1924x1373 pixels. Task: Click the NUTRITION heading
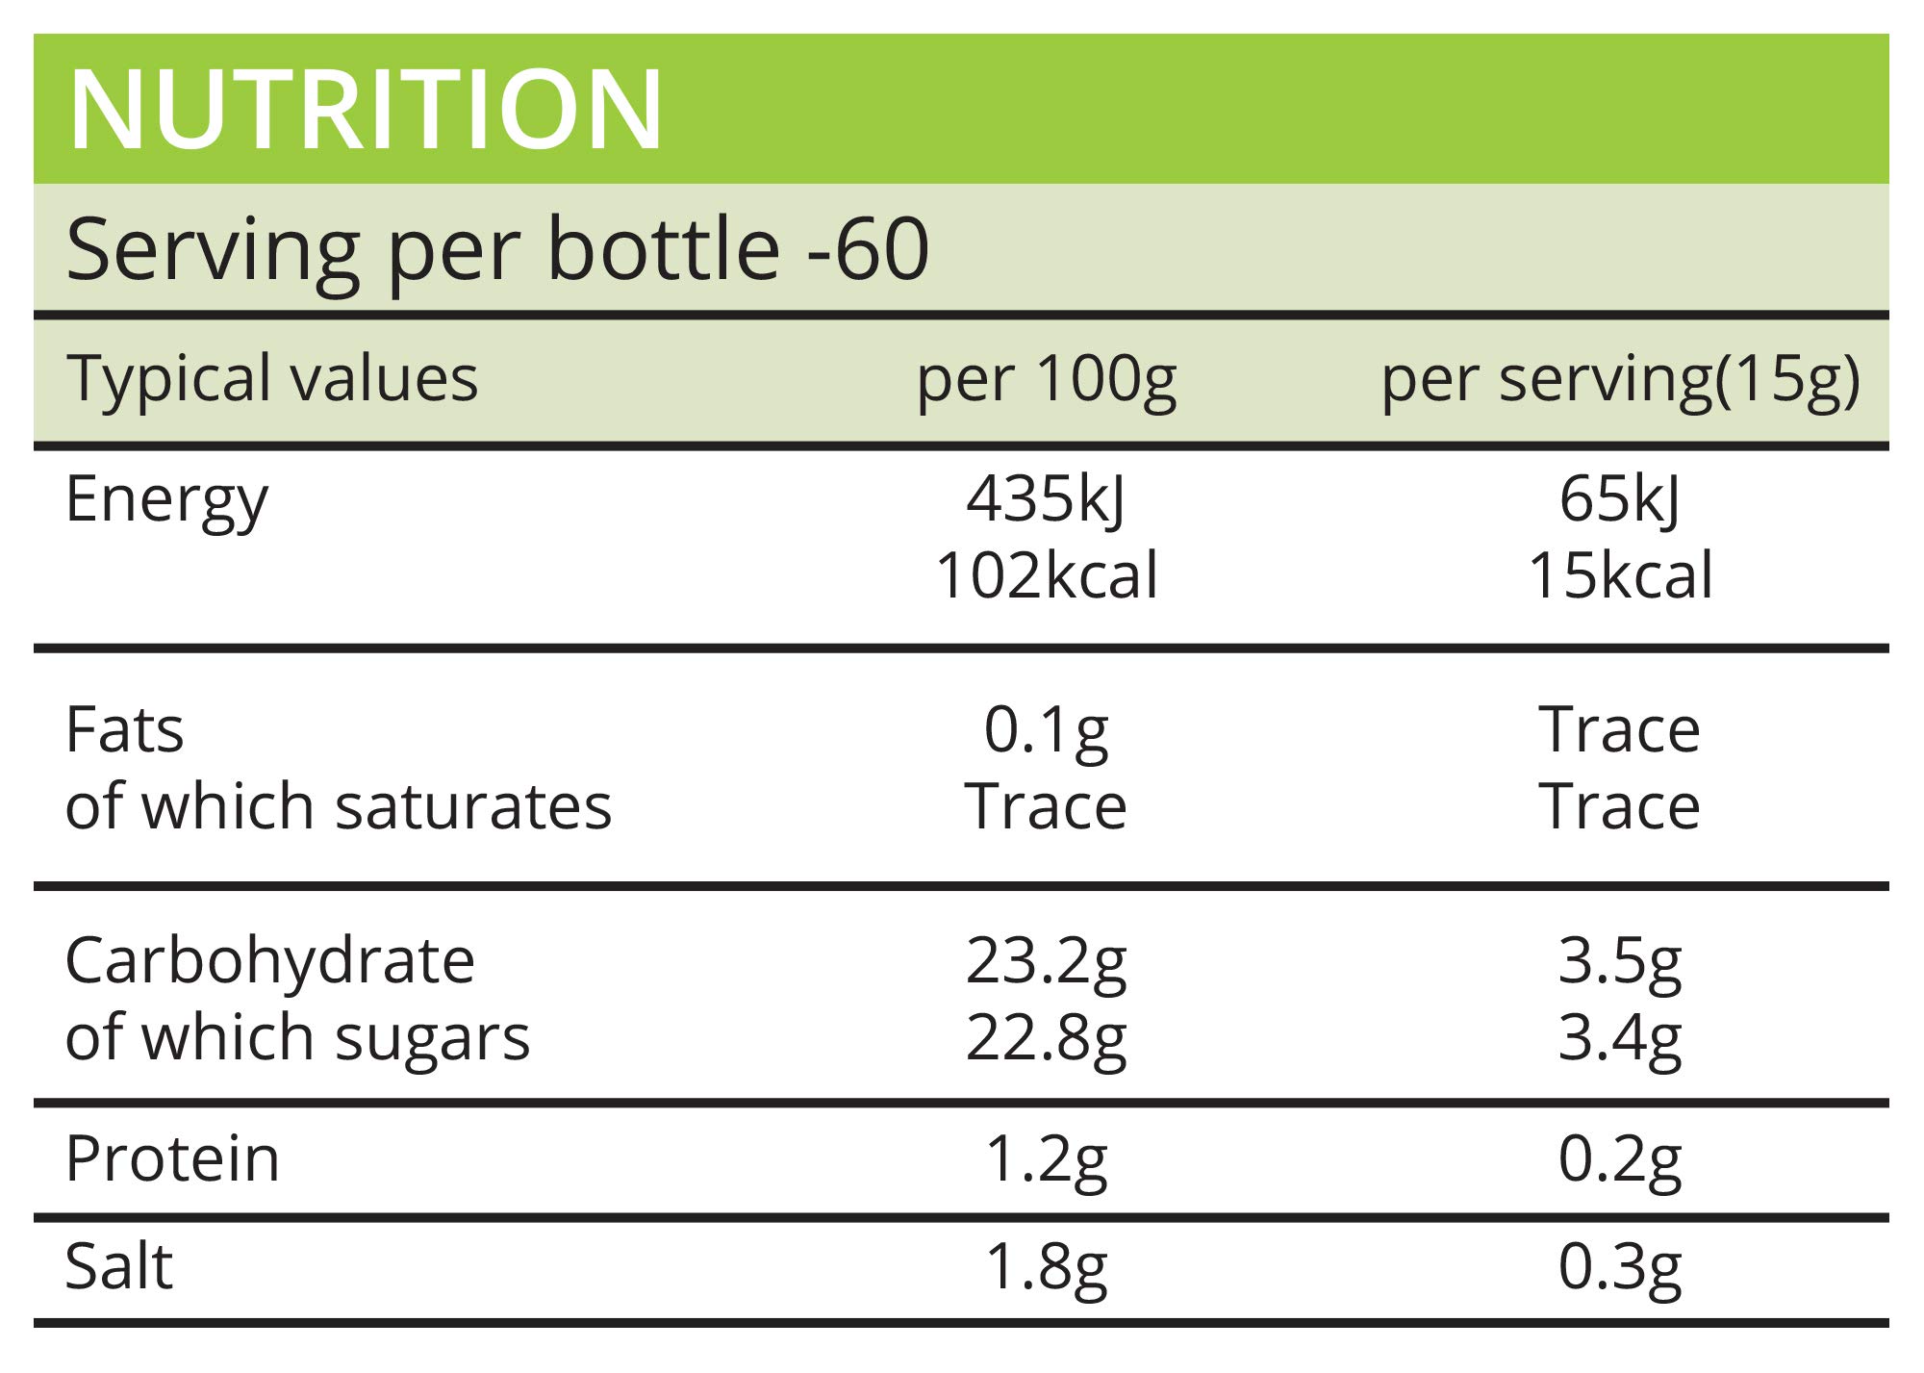point(366,110)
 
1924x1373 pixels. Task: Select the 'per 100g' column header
point(1046,379)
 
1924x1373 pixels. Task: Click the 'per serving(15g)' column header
point(1620,379)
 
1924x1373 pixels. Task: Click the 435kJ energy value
point(1046,500)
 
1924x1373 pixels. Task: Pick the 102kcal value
point(1046,575)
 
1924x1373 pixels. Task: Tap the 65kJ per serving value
point(1620,500)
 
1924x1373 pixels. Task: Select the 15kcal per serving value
point(1620,575)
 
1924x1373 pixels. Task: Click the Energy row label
point(166,500)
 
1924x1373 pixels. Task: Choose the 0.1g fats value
point(1046,730)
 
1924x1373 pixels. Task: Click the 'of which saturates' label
point(338,805)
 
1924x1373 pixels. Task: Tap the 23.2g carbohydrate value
point(1046,961)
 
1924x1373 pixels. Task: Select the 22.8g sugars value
point(1046,1038)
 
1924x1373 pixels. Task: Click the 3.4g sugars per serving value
point(1620,1038)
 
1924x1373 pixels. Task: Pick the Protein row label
point(172,1158)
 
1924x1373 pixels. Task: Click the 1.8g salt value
point(1046,1267)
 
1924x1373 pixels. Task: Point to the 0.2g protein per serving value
point(1620,1159)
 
